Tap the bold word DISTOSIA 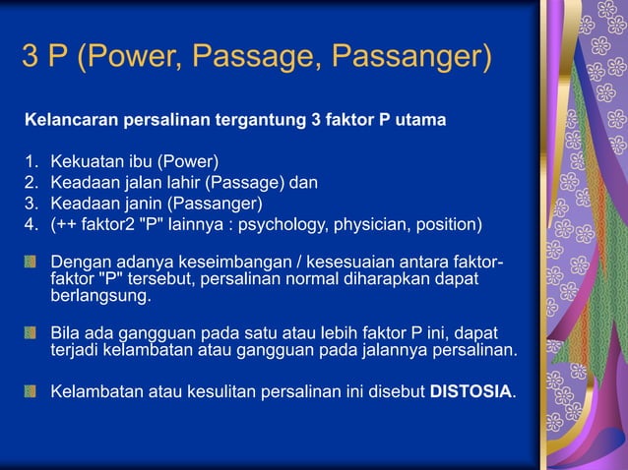click(x=471, y=392)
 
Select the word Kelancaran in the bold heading click(x=68, y=121)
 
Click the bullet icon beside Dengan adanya click(x=31, y=263)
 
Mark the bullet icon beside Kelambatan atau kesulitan click(x=31, y=392)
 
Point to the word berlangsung click(x=100, y=296)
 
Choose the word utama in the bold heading click(x=422, y=121)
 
